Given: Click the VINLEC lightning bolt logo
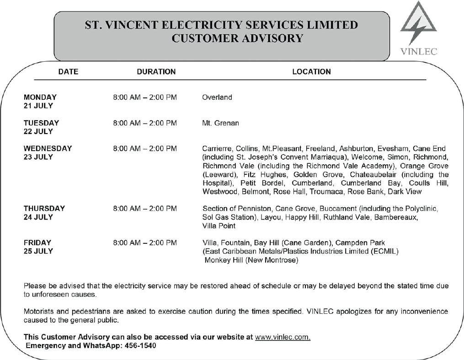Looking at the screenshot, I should click(418, 25).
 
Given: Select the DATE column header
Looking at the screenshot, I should click(68, 72).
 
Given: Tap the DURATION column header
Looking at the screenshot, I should click(156, 72).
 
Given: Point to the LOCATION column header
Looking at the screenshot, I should click(311, 72).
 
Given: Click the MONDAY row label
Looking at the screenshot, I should click(40, 97).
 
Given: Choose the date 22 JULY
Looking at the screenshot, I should click(38, 132).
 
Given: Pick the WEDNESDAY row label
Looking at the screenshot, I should click(48, 149).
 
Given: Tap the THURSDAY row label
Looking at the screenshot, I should click(44, 209).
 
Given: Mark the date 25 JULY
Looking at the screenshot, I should click(38, 251).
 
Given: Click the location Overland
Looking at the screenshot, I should click(217, 97).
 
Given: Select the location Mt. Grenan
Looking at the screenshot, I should click(220, 123).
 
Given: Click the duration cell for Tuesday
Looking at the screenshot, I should click(145, 123).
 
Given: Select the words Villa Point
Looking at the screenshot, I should click(219, 226).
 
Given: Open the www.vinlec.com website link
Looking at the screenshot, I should click(283, 337).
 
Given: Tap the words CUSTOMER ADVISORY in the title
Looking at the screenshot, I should click(237, 38).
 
